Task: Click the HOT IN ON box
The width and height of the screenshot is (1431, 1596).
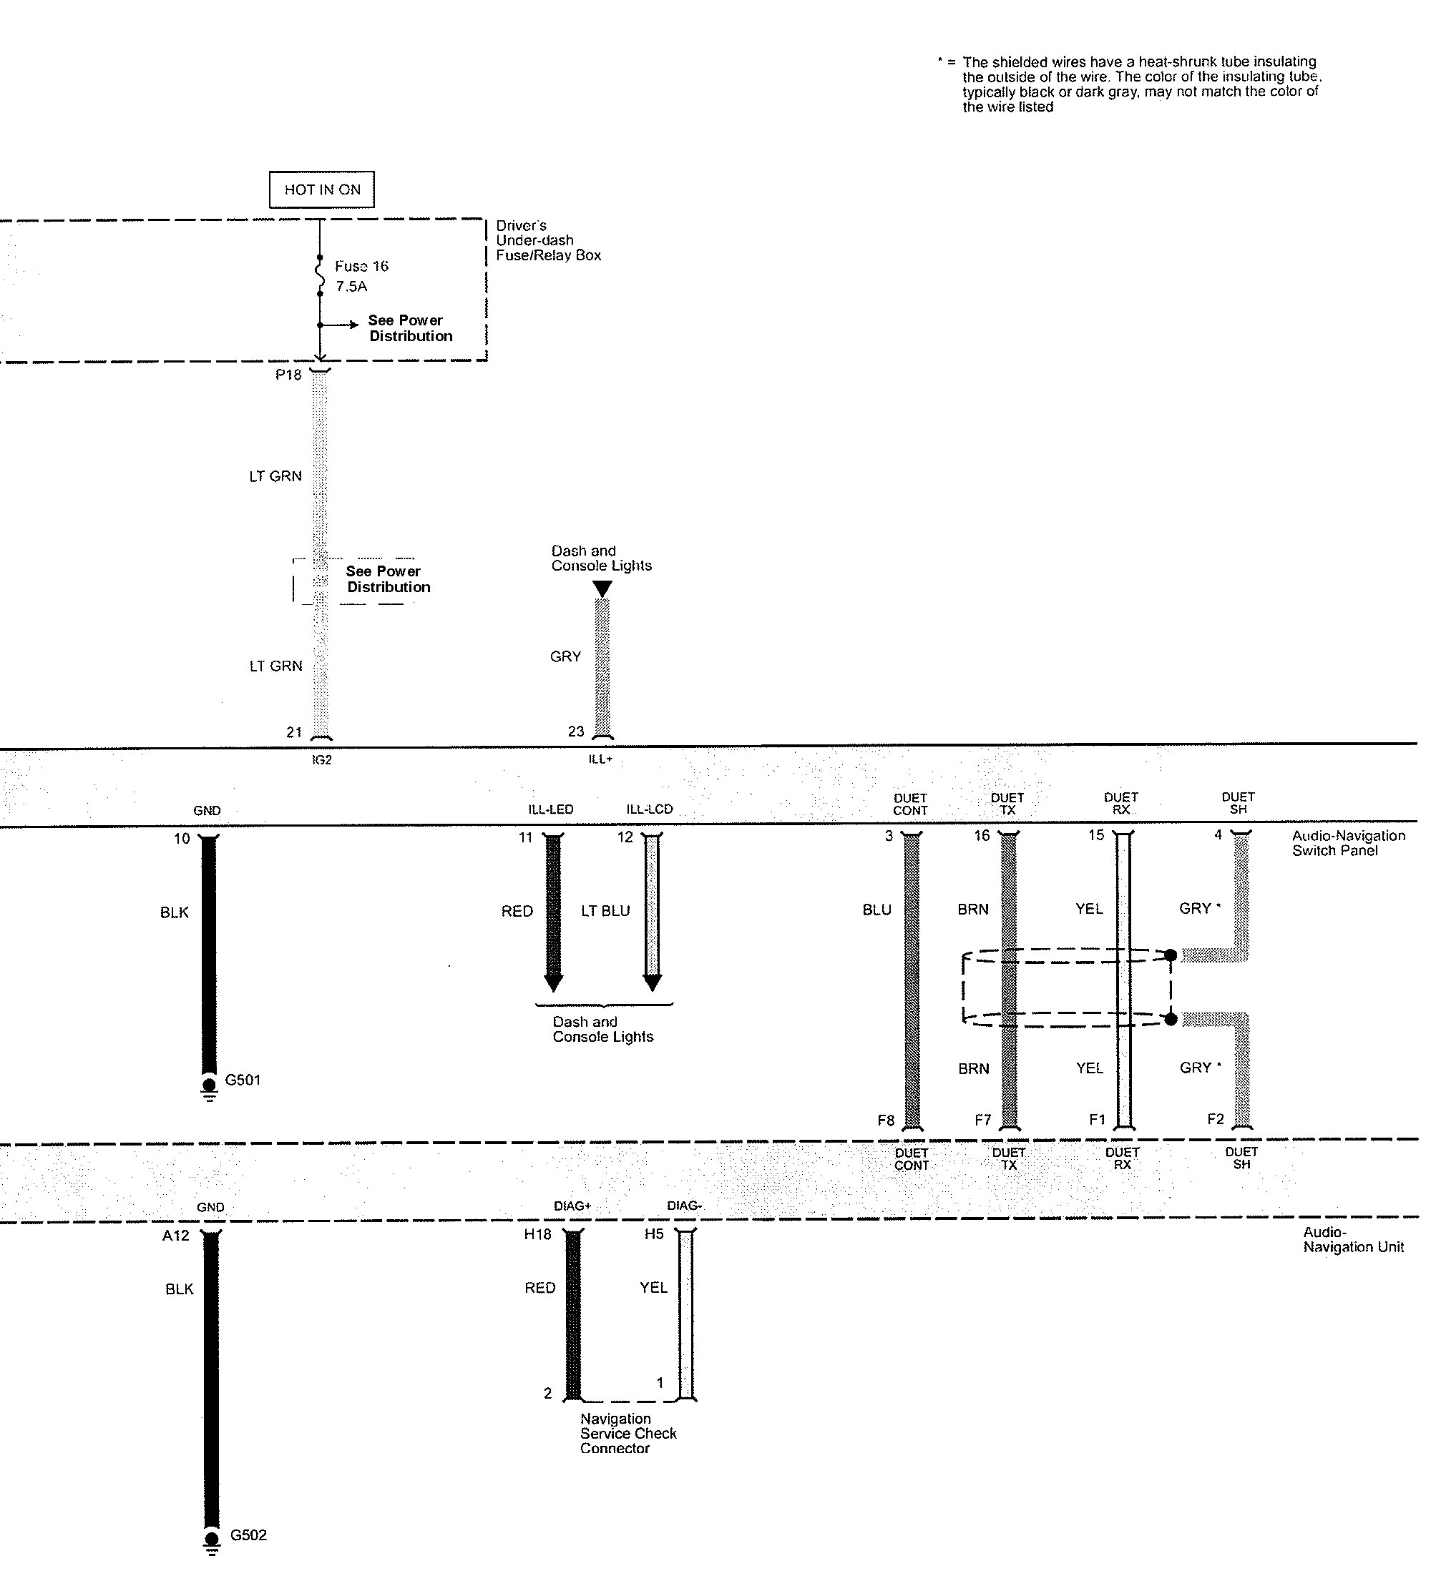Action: [321, 189]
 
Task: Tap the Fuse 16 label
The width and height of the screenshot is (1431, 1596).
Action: [361, 267]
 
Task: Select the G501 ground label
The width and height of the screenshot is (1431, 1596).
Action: [242, 1080]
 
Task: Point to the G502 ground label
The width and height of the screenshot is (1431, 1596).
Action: [248, 1535]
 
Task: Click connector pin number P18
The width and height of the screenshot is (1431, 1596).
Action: [288, 375]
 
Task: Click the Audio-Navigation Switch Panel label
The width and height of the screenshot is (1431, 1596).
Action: [1348, 842]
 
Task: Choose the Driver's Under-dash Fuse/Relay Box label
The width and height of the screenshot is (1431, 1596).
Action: [547, 240]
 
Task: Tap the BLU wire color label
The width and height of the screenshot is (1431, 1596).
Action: [876, 910]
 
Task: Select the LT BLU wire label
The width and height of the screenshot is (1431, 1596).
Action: [605, 911]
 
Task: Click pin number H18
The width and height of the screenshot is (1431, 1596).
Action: [538, 1234]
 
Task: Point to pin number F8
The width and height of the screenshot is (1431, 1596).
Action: [885, 1120]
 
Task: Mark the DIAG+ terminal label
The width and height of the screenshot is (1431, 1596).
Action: [572, 1206]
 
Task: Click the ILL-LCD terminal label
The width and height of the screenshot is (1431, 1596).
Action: [649, 809]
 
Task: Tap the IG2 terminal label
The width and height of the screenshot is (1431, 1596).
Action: [321, 761]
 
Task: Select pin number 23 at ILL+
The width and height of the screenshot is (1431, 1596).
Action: [575, 731]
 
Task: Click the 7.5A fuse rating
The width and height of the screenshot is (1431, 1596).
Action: [351, 287]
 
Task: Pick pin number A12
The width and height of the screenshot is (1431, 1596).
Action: [175, 1236]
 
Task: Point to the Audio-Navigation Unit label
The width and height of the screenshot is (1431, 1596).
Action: [1352, 1239]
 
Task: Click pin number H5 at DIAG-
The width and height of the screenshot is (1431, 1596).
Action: [653, 1233]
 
